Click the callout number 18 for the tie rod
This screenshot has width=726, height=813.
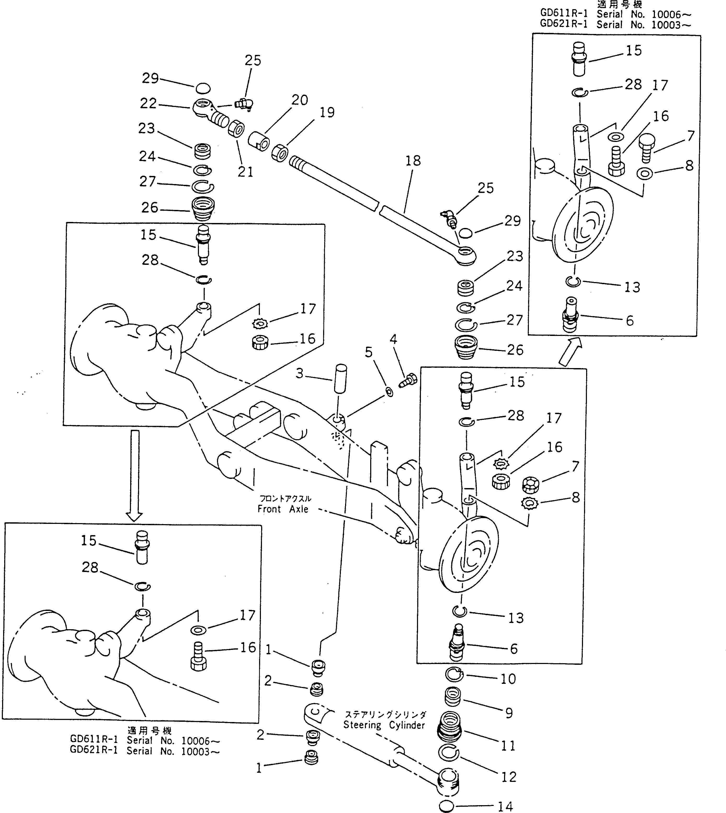[x=413, y=161]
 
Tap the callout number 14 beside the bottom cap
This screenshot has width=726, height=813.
[x=505, y=806]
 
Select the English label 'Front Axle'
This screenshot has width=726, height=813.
[x=283, y=509]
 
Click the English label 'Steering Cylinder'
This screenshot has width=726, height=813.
[x=384, y=725]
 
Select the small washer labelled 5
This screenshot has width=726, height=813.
[x=389, y=392]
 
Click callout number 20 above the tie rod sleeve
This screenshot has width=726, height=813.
[x=300, y=100]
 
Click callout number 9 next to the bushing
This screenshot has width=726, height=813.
[x=509, y=713]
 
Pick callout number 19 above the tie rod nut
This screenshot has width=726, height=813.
[x=327, y=112]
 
